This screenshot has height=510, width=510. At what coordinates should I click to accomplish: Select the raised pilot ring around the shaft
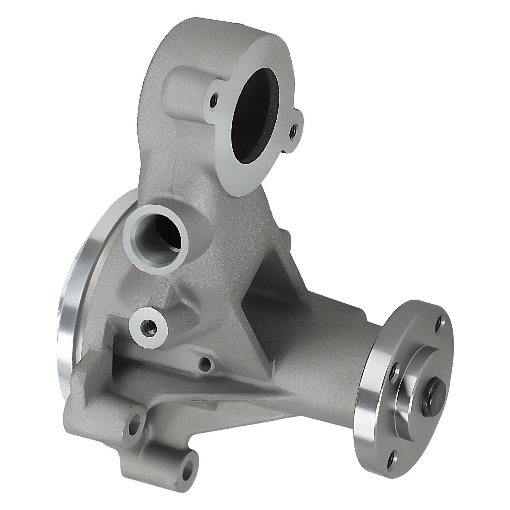click(411, 395)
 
